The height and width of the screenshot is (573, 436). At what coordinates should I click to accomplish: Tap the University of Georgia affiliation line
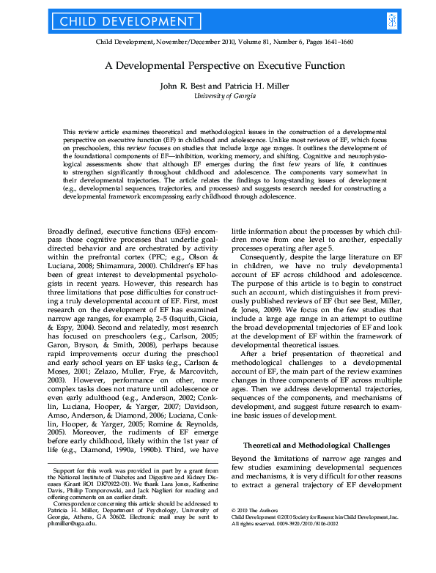pyautogui.click(x=218, y=96)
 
